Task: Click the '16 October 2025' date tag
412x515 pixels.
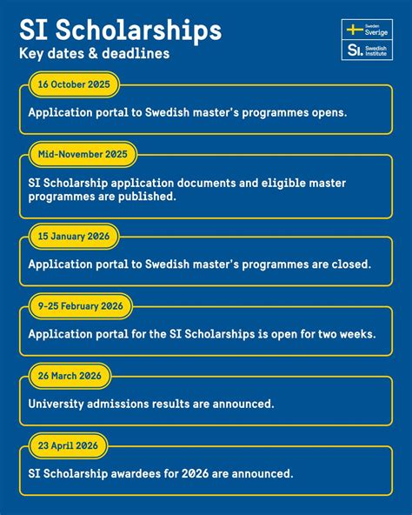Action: coord(74,85)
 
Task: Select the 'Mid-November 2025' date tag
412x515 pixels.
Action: coord(83,155)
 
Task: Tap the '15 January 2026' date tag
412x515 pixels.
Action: coord(73,237)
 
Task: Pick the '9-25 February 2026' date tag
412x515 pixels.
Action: coord(80,306)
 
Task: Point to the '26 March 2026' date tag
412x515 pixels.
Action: coord(70,376)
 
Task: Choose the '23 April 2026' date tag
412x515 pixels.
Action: coord(67,445)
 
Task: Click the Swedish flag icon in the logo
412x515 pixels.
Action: coord(355,30)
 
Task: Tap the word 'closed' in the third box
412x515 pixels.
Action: coord(349,264)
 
